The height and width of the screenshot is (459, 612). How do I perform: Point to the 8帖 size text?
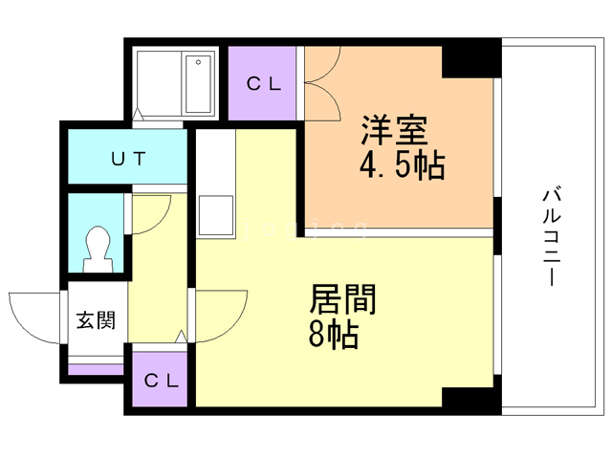333,335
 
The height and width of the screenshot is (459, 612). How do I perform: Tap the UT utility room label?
126,159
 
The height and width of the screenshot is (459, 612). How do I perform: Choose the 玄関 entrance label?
96,319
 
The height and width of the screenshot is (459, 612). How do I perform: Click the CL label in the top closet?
265,83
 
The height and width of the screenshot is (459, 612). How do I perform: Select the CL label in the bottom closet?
162,380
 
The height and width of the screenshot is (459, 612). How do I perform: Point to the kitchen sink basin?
214,217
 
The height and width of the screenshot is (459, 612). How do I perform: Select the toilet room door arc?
151,212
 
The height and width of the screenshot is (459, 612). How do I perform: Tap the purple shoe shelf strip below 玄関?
96,368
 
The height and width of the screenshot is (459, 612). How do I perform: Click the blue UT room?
126,172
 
